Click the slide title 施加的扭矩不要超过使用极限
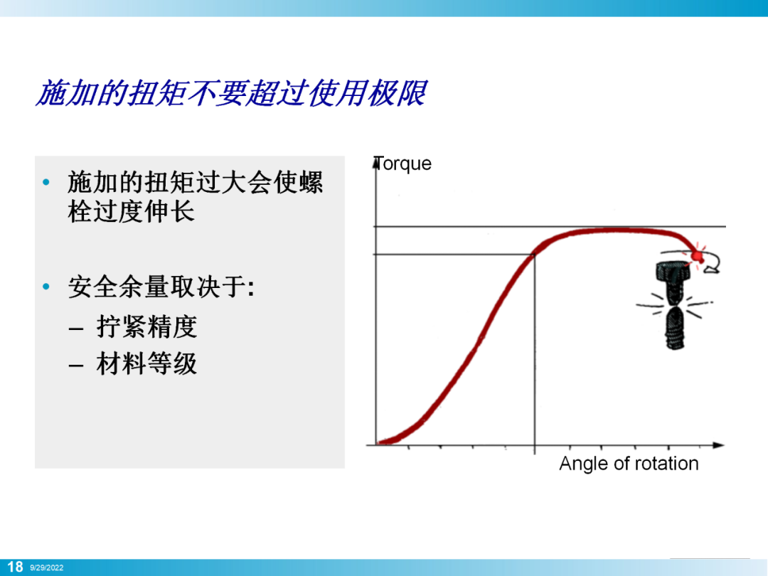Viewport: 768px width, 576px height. click(x=231, y=93)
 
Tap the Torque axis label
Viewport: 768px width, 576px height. click(x=402, y=164)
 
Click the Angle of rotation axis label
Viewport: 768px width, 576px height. click(x=629, y=464)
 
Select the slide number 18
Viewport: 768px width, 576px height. click(x=15, y=567)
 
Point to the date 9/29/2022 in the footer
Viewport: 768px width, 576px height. click(x=46, y=567)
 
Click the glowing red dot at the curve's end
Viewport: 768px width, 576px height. click(x=696, y=256)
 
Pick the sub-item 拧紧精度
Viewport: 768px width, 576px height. click(x=147, y=326)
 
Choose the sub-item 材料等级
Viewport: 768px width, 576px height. click(x=147, y=363)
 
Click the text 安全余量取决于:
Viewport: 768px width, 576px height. click(x=161, y=287)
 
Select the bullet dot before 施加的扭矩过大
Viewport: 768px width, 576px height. click(x=46, y=183)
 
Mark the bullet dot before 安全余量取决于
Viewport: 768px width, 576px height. click(x=46, y=287)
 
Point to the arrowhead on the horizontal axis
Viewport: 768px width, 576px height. click(x=718, y=445)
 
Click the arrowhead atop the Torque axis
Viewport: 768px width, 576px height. click(x=376, y=163)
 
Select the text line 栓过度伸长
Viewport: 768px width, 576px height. click(x=132, y=212)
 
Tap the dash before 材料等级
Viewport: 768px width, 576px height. click(x=76, y=366)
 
